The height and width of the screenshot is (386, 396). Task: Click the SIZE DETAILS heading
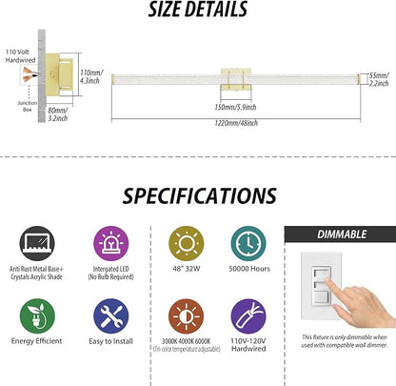pyautogui.click(x=198, y=9)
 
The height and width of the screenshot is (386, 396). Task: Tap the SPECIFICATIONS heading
pyautogui.click(x=199, y=195)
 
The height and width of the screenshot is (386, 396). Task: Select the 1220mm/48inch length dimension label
pyautogui.click(x=236, y=123)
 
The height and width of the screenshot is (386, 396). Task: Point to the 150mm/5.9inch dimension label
pyautogui.click(x=235, y=107)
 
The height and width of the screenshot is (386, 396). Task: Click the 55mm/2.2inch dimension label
pyautogui.click(x=379, y=79)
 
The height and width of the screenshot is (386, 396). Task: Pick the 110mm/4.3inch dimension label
pyautogui.click(x=91, y=76)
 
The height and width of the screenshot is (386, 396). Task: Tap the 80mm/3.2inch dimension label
pyautogui.click(x=58, y=114)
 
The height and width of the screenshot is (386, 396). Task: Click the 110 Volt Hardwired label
pyautogui.click(x=20, y=56)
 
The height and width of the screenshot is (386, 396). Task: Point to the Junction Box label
pyautogui.click(x=28, y=106)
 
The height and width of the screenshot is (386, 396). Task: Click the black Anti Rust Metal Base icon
pyautogui.click(x=37, y=244)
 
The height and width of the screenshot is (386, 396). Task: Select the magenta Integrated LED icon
pyautogui.click(x=111, y=244)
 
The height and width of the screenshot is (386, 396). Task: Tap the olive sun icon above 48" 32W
pyautogui.click(x=187, y=244)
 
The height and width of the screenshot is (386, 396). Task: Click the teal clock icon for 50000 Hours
pyautogui.click(x=248, y=244)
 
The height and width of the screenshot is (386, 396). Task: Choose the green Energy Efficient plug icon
pyautogui.click(x=37, y=316)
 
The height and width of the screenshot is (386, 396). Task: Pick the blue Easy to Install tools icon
pyautogui.click(x=111, y=316)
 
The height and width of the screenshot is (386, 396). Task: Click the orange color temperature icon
pyautogui.click(x=187, y=316)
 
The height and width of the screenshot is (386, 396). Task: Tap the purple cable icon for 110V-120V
pyautogui.click(x=248, y=316)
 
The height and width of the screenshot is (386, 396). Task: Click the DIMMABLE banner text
pyautogui.click(x=342, y=234)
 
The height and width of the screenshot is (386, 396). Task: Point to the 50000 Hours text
pyautogui.click(x=249, y=269)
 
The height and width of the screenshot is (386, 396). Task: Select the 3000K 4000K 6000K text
pyautogui.click(x=187, y=341)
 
